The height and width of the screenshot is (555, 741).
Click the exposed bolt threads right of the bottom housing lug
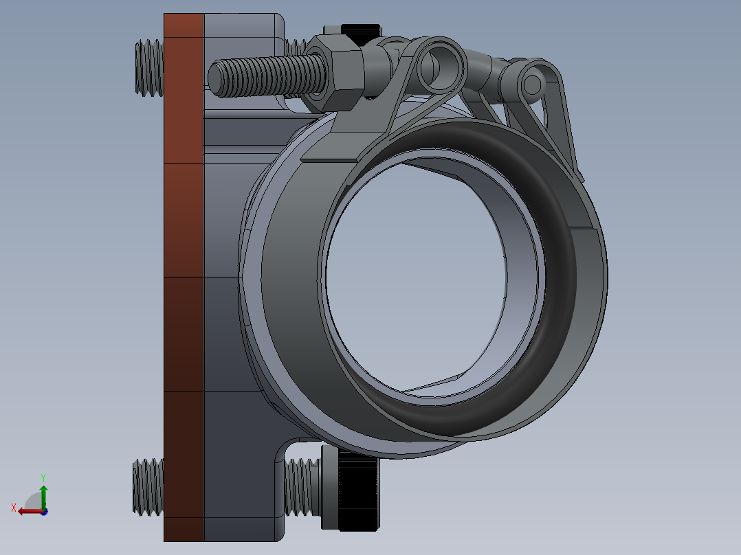coord(301,487)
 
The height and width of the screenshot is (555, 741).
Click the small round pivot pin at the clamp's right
coord(532,84)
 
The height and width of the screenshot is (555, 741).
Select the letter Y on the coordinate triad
coord(43,477)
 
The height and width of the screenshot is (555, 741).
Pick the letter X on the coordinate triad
coord(13,508)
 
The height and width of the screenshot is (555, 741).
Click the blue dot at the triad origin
coord(44,512)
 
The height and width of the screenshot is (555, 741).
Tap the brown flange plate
coord(184,275)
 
